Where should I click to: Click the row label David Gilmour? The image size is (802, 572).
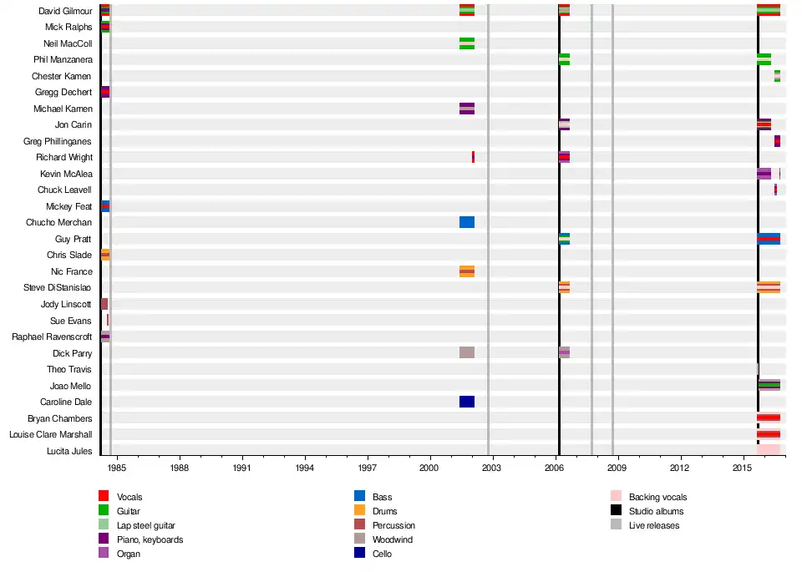pos(65,11)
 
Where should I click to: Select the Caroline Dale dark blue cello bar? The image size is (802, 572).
pos(467,402)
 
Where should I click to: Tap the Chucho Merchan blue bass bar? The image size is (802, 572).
pos(467,222)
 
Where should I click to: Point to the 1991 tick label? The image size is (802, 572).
pos(243,468)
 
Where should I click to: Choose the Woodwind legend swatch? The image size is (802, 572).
pos(360,539)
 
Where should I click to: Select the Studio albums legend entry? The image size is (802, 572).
pos(656,511)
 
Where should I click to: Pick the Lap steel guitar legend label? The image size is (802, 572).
pos(146,525)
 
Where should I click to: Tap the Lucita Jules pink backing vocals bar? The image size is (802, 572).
pos(769,450)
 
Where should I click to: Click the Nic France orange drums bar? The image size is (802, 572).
pos(467,271)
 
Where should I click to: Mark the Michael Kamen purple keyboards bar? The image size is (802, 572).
pos(467,109)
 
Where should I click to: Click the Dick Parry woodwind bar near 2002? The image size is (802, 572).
pos(467,352)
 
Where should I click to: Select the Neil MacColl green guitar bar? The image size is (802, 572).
pos(467,43)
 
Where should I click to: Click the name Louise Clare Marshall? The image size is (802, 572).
pos(51,434)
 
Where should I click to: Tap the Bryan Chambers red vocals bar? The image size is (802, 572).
pos(769,418)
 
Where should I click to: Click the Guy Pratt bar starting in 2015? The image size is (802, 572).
pos(769,239)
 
